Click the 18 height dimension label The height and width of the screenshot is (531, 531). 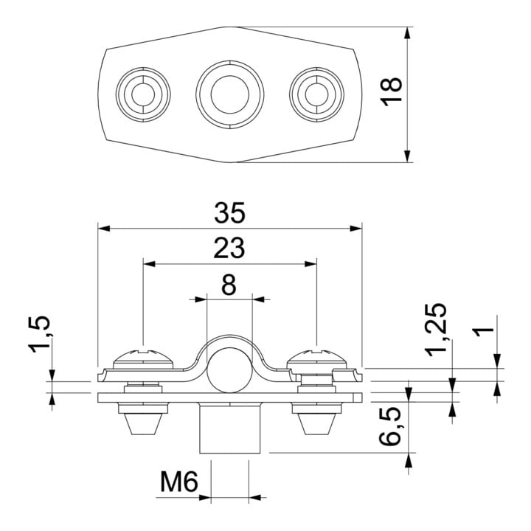click(391, 91)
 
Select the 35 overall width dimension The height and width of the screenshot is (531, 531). click(229, 213)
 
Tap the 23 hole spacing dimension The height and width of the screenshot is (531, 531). click(229, 248)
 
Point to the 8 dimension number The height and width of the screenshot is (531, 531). click(229, 285)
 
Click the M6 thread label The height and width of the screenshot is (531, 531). click(178, 482)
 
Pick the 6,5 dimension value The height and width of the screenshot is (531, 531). click(389, 429)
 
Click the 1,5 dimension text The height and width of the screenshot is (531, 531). click(41, 334)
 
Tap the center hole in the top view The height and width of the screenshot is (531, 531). click(230, 94)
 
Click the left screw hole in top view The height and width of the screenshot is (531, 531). click(143, 94)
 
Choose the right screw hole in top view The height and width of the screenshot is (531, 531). click(316, 94)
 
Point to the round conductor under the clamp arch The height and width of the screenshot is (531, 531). click(230, 370)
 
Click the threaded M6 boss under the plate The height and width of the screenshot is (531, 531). click(230, 428)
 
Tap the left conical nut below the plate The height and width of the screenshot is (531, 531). click(143, 419)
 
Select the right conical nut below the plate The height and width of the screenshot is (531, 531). click(316, 419)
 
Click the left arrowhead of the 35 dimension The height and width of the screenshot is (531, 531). click(103, 229)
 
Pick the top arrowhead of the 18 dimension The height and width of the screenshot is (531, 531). click(408, 33)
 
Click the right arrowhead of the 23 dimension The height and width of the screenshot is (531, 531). click(310, 264)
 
